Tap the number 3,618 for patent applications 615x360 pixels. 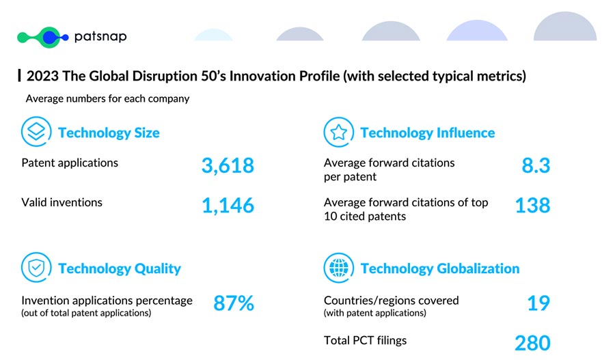228,165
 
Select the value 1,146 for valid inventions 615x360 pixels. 228,205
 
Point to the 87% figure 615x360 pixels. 234,303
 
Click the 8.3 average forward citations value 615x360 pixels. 536,165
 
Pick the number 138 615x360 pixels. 532,205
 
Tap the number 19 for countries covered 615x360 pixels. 538,303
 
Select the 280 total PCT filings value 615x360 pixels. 532,342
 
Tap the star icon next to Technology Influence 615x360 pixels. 338,132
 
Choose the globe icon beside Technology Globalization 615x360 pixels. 338,268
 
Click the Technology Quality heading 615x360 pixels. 120,268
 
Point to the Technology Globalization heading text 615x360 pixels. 440,268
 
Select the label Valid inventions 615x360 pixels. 62,202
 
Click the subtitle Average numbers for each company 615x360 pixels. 107,98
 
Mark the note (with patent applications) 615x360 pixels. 375,313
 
